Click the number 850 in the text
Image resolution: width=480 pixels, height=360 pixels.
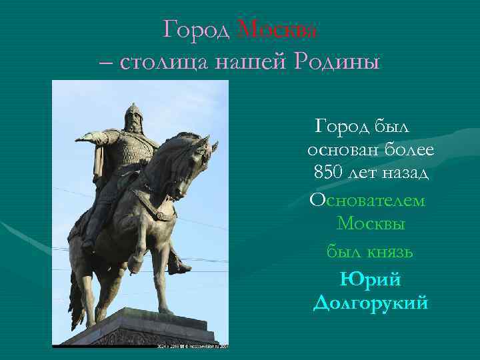point(330,173)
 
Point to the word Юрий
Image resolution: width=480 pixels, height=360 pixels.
point(370,278)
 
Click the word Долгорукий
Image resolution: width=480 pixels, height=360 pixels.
point(370,303)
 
